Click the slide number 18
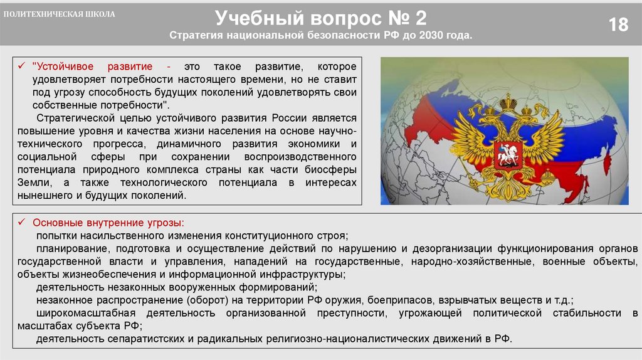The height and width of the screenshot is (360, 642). tap(618, 24)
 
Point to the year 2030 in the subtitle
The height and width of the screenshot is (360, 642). tap(428, 36)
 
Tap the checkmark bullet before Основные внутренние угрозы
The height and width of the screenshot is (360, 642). tap(21, 223)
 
